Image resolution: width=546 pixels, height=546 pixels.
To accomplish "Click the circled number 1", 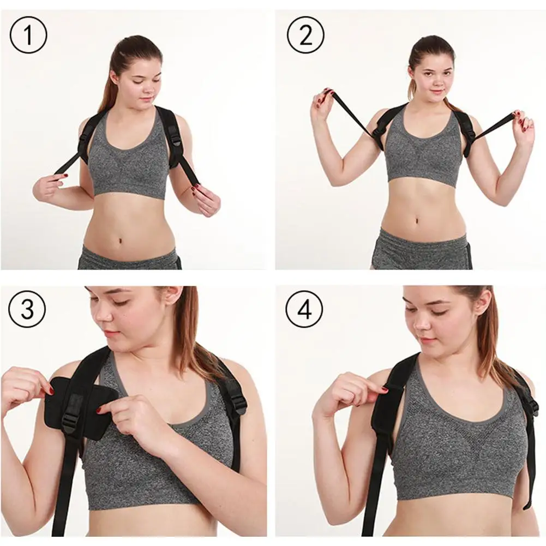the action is click(28, 35).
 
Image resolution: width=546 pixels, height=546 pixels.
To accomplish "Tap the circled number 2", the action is click(305, 35).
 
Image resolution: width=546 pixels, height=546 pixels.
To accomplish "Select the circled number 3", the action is click(27, 308).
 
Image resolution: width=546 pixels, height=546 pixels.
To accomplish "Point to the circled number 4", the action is click(304, 308).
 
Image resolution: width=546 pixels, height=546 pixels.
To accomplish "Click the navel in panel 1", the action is click(119, 240).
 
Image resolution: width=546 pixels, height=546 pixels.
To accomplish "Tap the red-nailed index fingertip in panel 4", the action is click(385, 389).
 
